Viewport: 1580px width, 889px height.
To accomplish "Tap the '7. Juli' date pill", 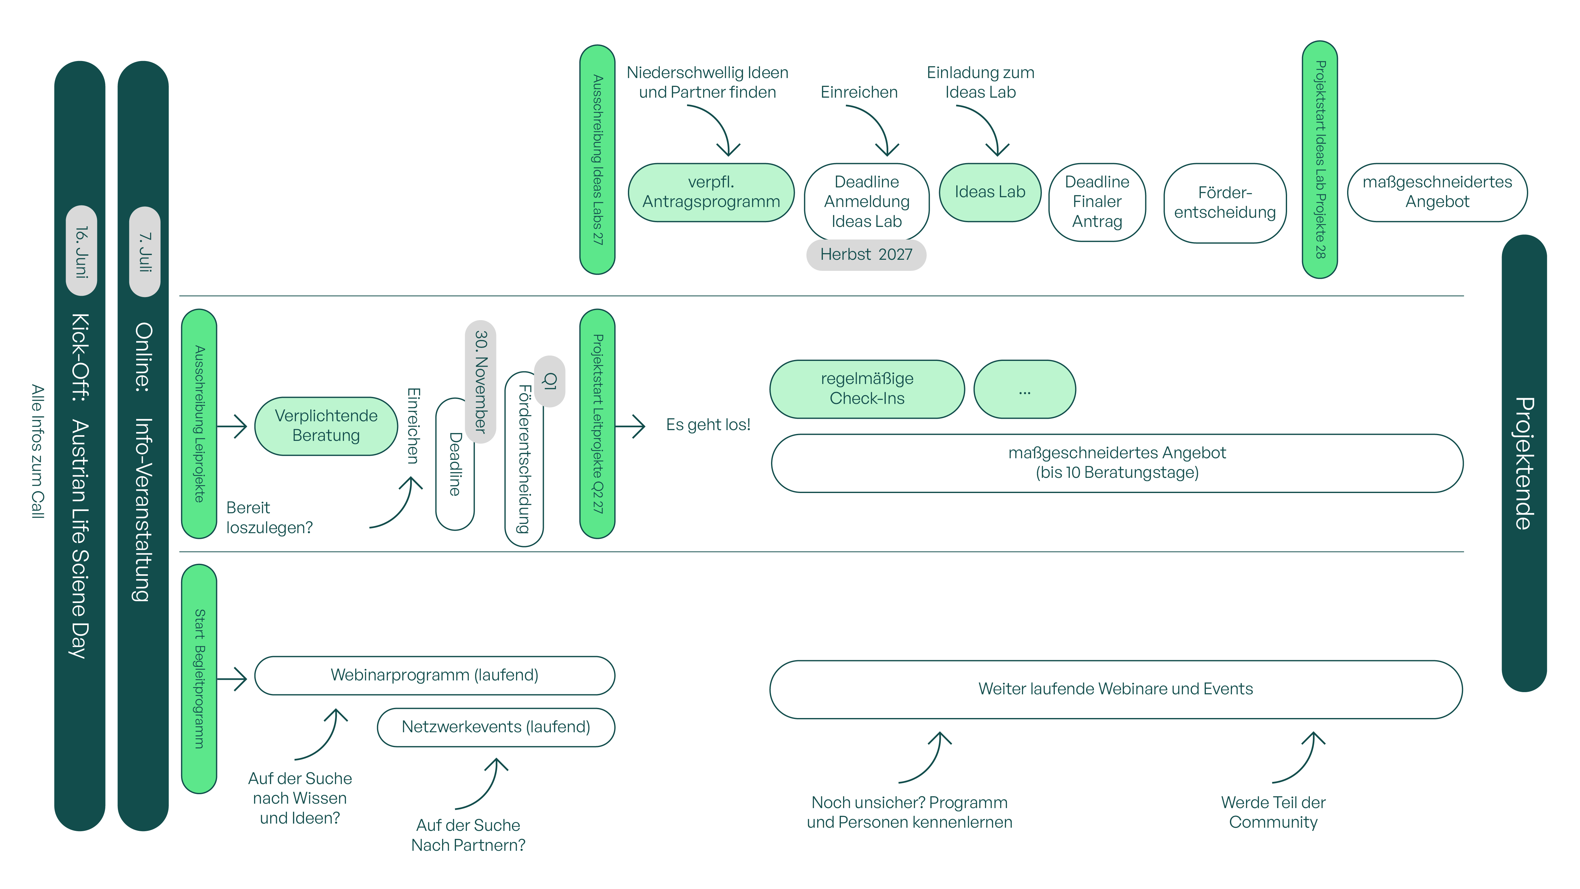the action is pos(145,252).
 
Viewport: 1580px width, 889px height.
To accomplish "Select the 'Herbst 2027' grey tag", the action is pos(866,255).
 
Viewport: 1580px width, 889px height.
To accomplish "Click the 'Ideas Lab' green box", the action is pos(990,192).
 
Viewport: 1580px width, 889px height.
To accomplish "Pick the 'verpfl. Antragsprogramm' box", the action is pos(711,192).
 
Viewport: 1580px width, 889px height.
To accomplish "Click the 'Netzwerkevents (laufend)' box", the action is pos(495,727).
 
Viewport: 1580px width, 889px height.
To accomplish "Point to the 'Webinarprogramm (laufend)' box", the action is pos(434,675).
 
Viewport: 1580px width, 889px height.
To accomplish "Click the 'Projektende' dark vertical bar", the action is pos(1524,463).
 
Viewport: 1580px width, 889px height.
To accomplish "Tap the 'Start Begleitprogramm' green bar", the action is pos(199,679).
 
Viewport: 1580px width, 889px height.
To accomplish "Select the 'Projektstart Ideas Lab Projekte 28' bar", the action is pos(1320,160).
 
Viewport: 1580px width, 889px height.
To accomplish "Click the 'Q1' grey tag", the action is pos(550,381).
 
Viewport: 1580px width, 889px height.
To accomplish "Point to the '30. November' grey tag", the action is pos(481,382).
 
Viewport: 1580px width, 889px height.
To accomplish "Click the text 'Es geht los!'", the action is pos(708,424).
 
